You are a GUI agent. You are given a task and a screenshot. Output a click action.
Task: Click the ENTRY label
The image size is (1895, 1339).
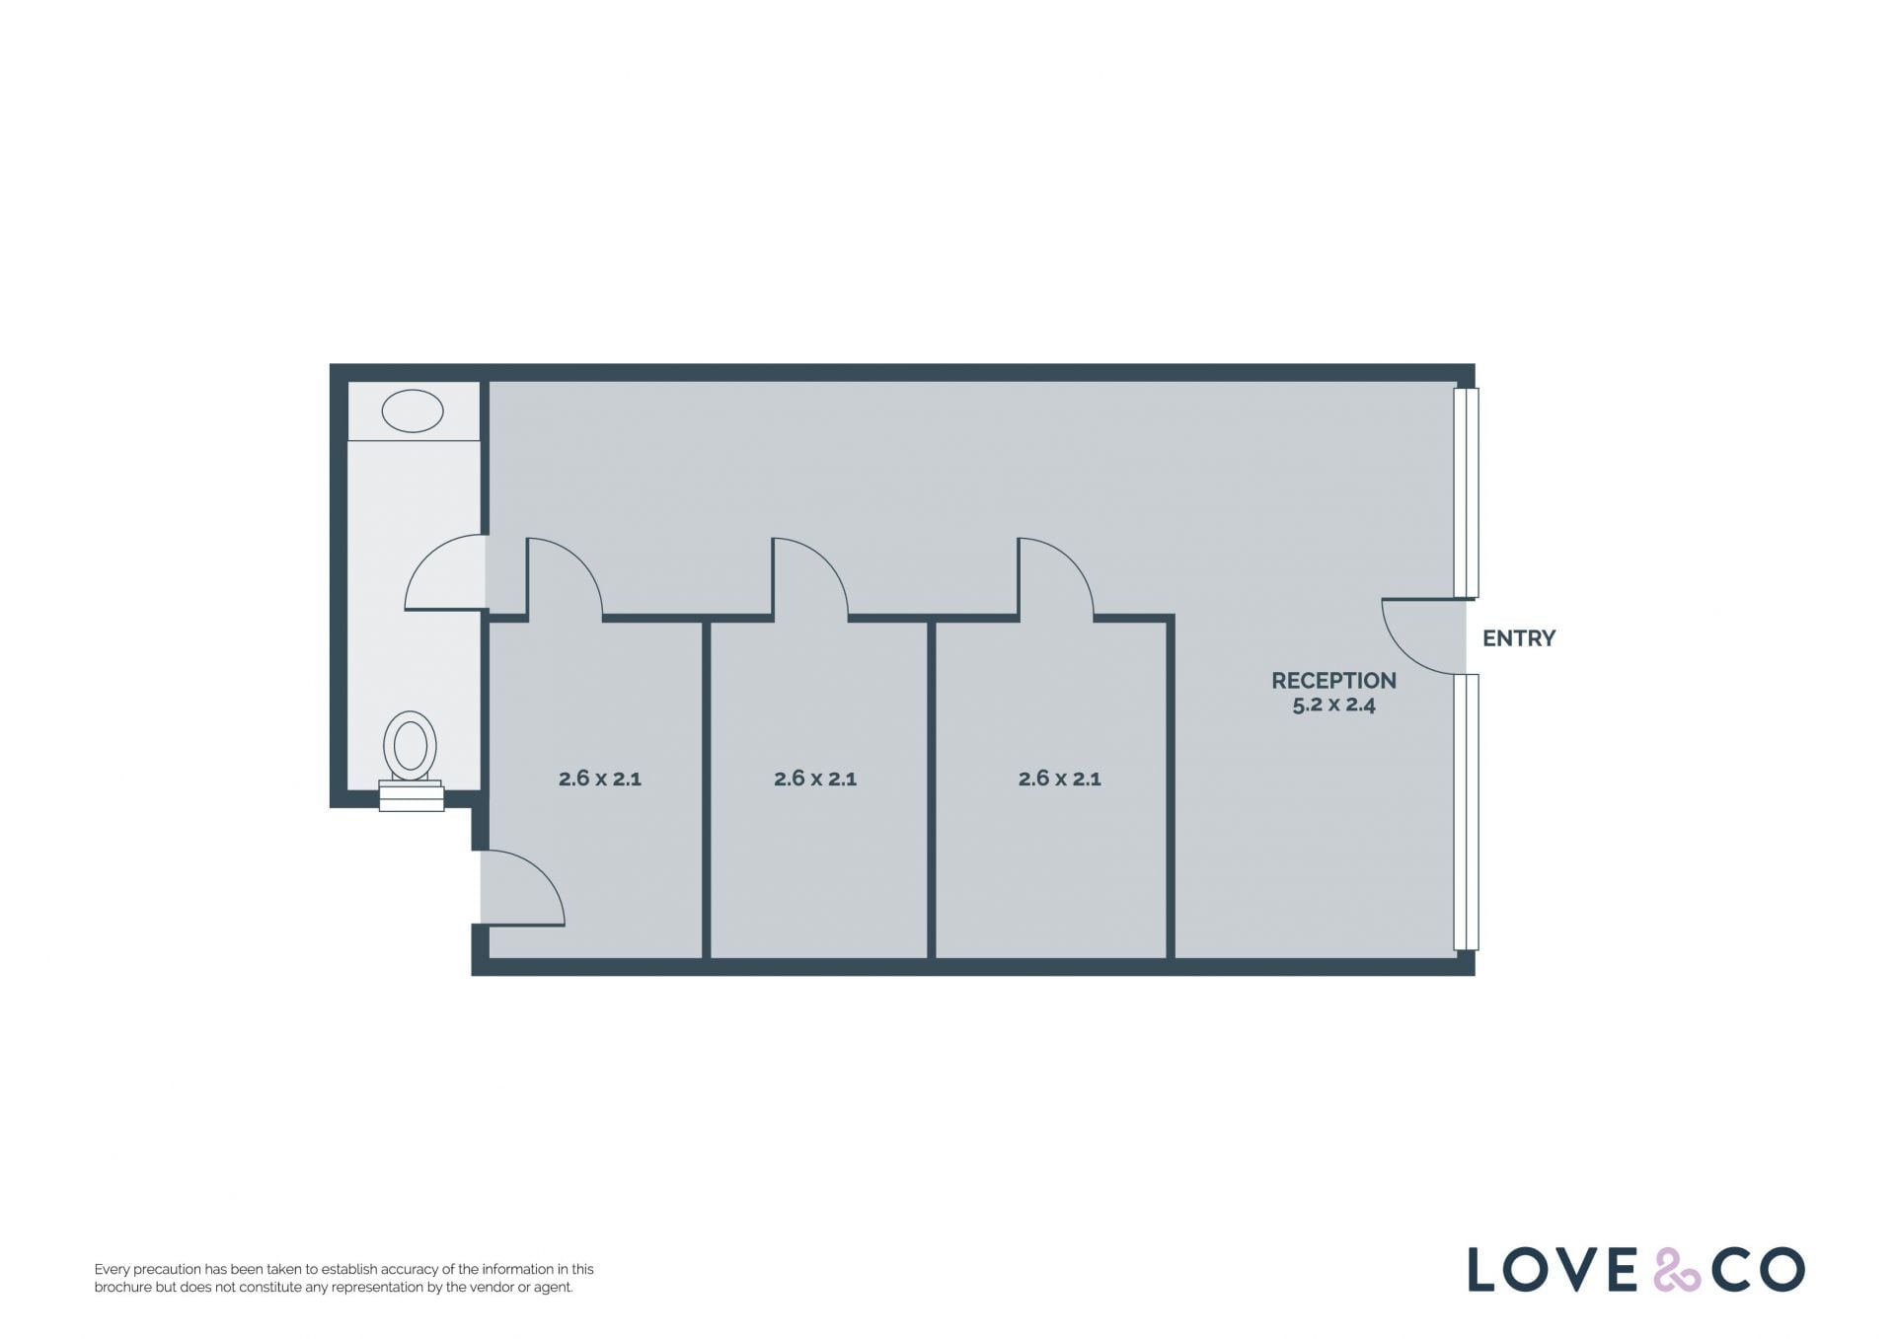click(1518, 638)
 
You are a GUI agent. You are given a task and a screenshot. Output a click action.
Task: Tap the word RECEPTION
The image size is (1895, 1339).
click(1333, 681)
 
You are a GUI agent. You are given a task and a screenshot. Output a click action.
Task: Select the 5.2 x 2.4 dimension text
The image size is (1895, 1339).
click(1333, 705)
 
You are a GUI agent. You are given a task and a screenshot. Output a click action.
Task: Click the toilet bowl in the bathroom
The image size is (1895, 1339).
click(410, 745)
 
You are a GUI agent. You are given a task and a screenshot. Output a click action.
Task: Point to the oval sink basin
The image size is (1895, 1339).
click(413, 411)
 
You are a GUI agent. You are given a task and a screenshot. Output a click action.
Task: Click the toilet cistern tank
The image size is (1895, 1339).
click(412, 795)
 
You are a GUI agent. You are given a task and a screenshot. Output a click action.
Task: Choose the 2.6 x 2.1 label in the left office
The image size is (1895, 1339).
click(600, 779)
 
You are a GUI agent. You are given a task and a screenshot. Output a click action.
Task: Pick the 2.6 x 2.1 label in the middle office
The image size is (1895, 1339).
click(815, 779)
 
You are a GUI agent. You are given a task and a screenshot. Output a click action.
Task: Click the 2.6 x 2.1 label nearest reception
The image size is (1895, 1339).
click(1059, 779)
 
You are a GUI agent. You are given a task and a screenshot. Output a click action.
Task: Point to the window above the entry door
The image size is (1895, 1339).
click(1467, 492)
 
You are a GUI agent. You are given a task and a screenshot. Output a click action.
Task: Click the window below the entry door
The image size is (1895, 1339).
click(1467, 812)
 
